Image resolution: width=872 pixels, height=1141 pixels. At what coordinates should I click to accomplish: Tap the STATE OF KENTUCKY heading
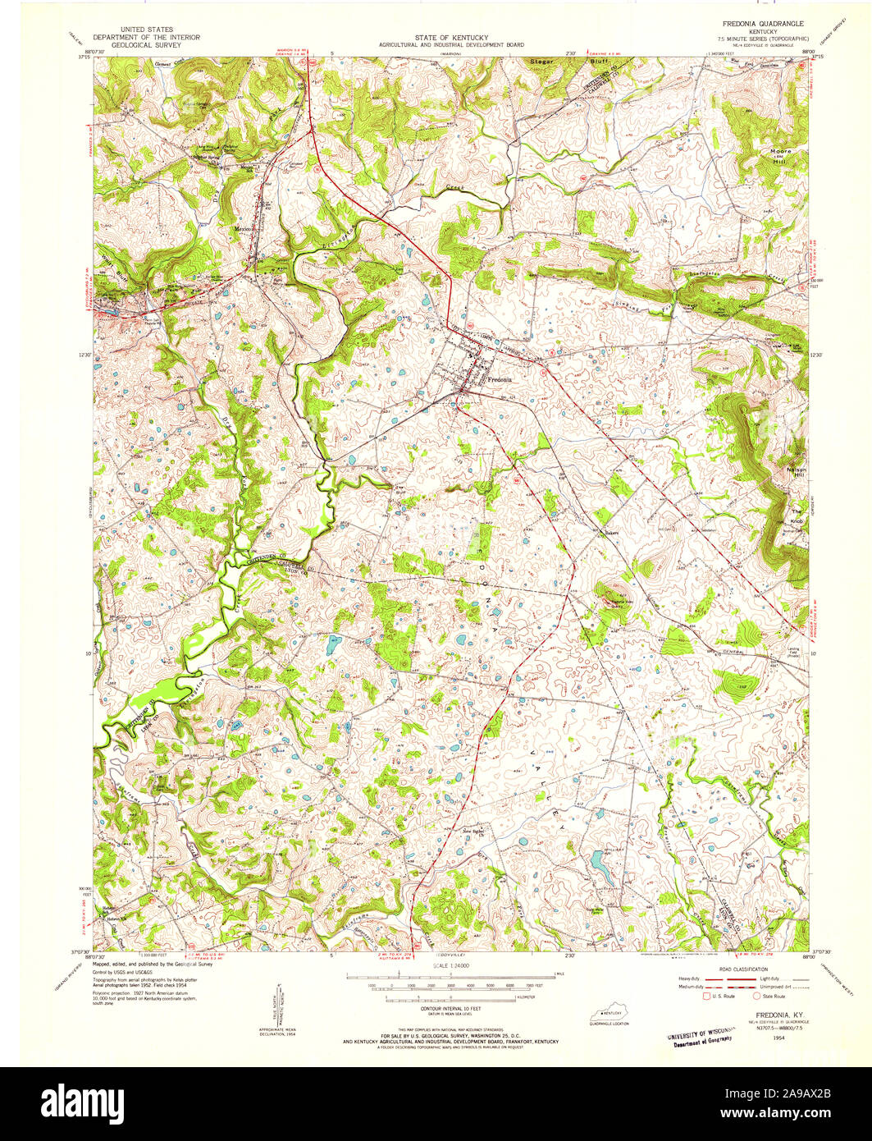click(453, 38)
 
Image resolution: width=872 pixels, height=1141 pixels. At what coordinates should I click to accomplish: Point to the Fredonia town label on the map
click(499, 380)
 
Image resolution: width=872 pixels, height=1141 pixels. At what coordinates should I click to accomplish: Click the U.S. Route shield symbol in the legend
click(705, 997)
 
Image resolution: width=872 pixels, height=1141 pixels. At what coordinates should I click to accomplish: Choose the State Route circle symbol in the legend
click(756, 997)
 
